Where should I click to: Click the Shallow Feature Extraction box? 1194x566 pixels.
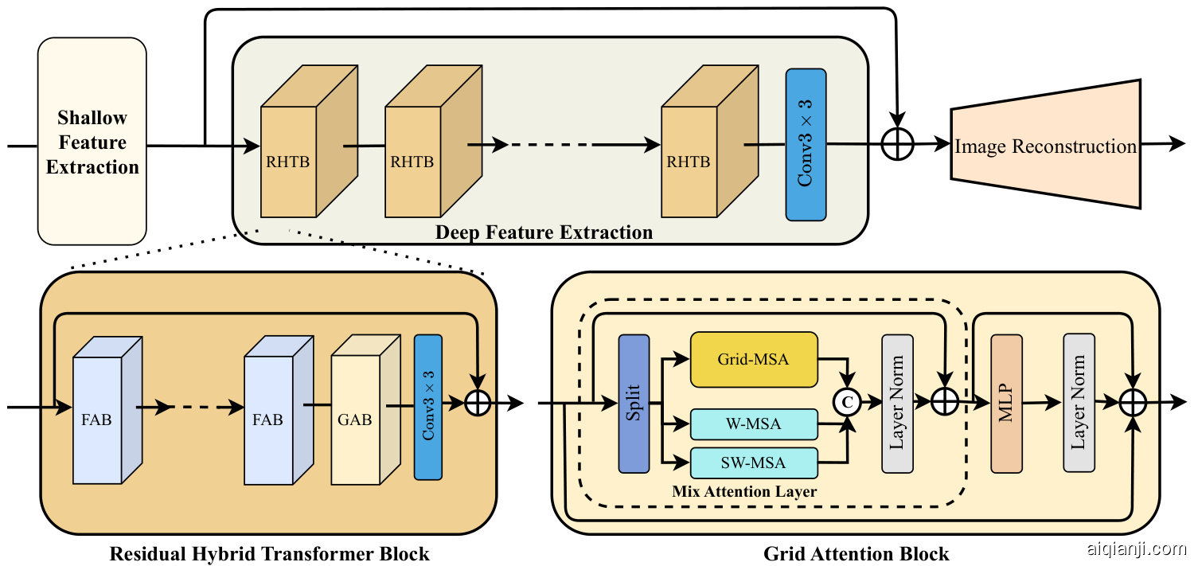pos(92,142)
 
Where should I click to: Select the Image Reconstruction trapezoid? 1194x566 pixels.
pos(1046,146)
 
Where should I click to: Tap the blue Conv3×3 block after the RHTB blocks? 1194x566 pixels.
pos(806,144)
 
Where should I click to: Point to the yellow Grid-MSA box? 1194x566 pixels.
pos(753,359)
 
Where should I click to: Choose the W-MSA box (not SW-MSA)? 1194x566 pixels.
pos(753,424)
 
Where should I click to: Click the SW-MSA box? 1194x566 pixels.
pos(753,463)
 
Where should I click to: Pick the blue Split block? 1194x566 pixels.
pos(634,404)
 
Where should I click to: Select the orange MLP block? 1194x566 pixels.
pos(1006,404)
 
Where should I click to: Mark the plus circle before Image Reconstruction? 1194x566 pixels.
pos(898,145)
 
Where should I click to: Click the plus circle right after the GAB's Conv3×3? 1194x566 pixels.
pos(477,403)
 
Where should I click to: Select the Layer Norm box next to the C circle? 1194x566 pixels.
pos(897,404)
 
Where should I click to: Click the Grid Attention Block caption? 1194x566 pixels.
pos(856,553)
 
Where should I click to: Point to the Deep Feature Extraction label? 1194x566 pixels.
pos(544,232)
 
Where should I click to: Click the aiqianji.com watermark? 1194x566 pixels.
pos(1136,548)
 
